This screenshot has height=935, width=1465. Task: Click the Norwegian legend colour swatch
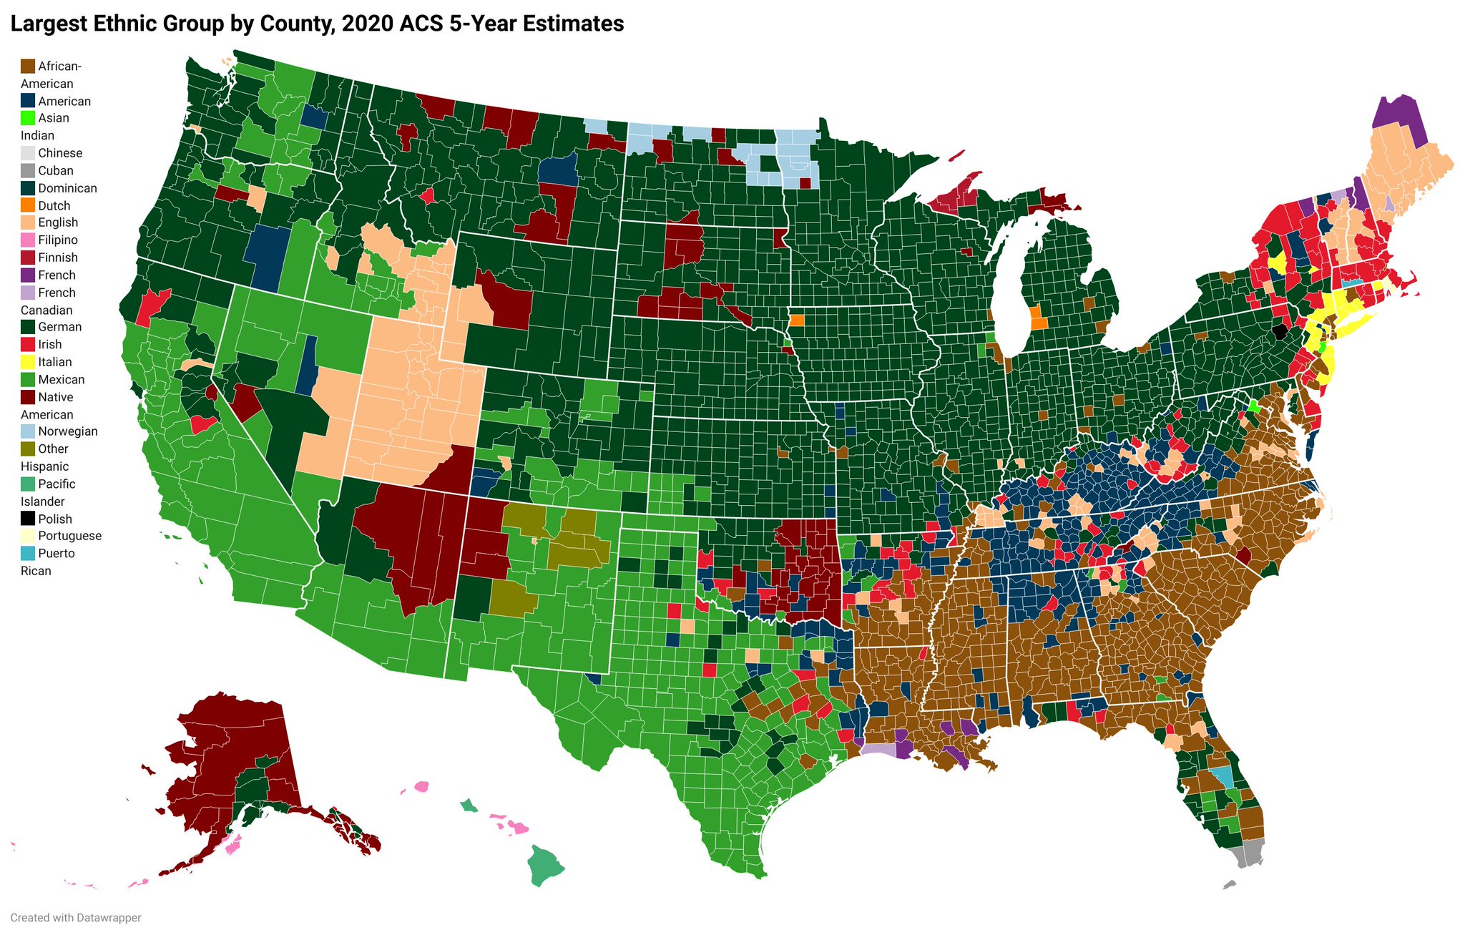(28, 431)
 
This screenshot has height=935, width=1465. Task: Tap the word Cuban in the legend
(56, 170)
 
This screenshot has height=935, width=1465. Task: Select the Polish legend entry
(55, 519)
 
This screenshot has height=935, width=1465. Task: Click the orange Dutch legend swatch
(28, 205)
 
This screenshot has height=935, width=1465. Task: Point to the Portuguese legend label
(69, 536)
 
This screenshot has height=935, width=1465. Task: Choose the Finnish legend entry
(58, 258)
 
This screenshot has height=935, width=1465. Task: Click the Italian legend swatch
(28, 362)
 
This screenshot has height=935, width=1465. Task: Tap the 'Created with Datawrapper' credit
(75, 918)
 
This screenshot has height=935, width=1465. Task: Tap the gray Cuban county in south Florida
(1252, 853)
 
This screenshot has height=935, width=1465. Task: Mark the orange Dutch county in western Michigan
(1037, 318)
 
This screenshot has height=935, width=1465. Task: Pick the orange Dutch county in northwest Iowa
(797, 320)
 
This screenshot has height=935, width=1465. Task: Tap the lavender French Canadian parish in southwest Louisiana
(877, 749)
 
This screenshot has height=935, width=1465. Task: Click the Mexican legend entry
(61, 379)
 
